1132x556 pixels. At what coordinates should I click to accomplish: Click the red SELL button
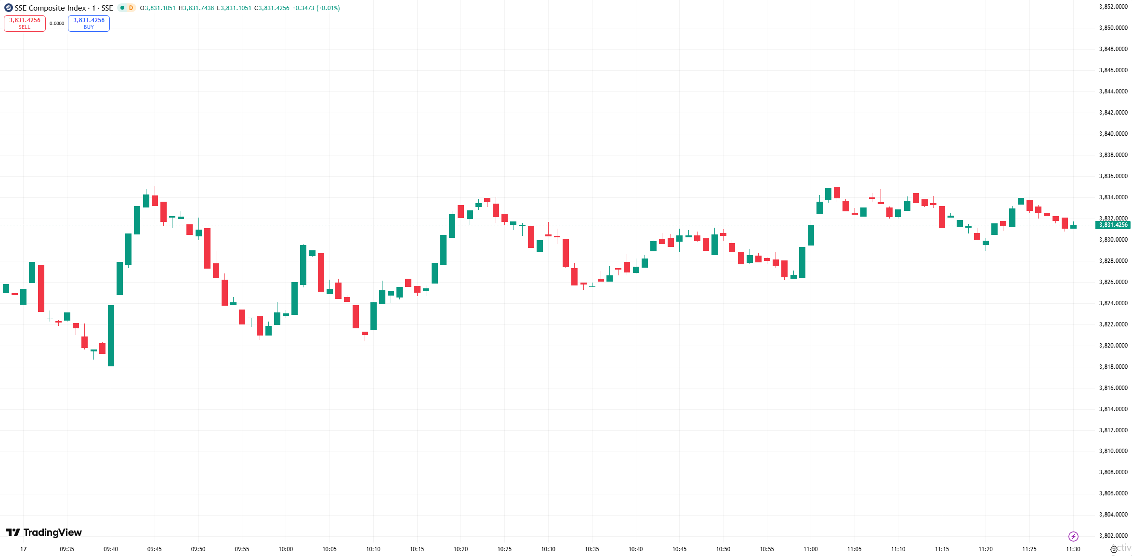coord(25,23)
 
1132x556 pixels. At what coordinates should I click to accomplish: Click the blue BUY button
coord(89,23)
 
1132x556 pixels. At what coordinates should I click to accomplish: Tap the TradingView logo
coord(44,532)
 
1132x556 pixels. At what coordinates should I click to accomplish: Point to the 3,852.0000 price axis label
coord(1113,7)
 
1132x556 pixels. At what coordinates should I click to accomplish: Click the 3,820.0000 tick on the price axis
coord(1113,346)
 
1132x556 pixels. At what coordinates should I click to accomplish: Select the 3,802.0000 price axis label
coord(1113,536)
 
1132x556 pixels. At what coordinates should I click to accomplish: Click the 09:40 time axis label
coord(111,549)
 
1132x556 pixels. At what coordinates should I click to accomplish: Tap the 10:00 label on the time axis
coord(286,549)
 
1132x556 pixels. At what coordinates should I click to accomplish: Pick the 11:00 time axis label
coord(811,549)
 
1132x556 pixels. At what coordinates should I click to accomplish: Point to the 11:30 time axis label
coord(1073,549)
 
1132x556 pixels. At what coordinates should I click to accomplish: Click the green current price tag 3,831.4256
coord(1113,225)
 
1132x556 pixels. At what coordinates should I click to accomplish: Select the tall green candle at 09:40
coord(111,336)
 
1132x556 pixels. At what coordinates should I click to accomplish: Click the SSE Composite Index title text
coord(50,8)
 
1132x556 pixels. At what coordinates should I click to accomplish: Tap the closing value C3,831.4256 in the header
coord(272,8)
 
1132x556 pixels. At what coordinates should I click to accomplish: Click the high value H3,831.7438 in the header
coord(197,8)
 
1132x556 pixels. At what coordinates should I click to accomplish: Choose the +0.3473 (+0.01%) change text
coord(316,8)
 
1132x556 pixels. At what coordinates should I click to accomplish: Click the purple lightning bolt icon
coord(1073,536)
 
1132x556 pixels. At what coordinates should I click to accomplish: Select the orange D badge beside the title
coord(131,8)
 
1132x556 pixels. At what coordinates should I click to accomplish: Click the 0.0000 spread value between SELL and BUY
coord(57,24)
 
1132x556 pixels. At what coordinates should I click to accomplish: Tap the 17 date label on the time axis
coord(24,549)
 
